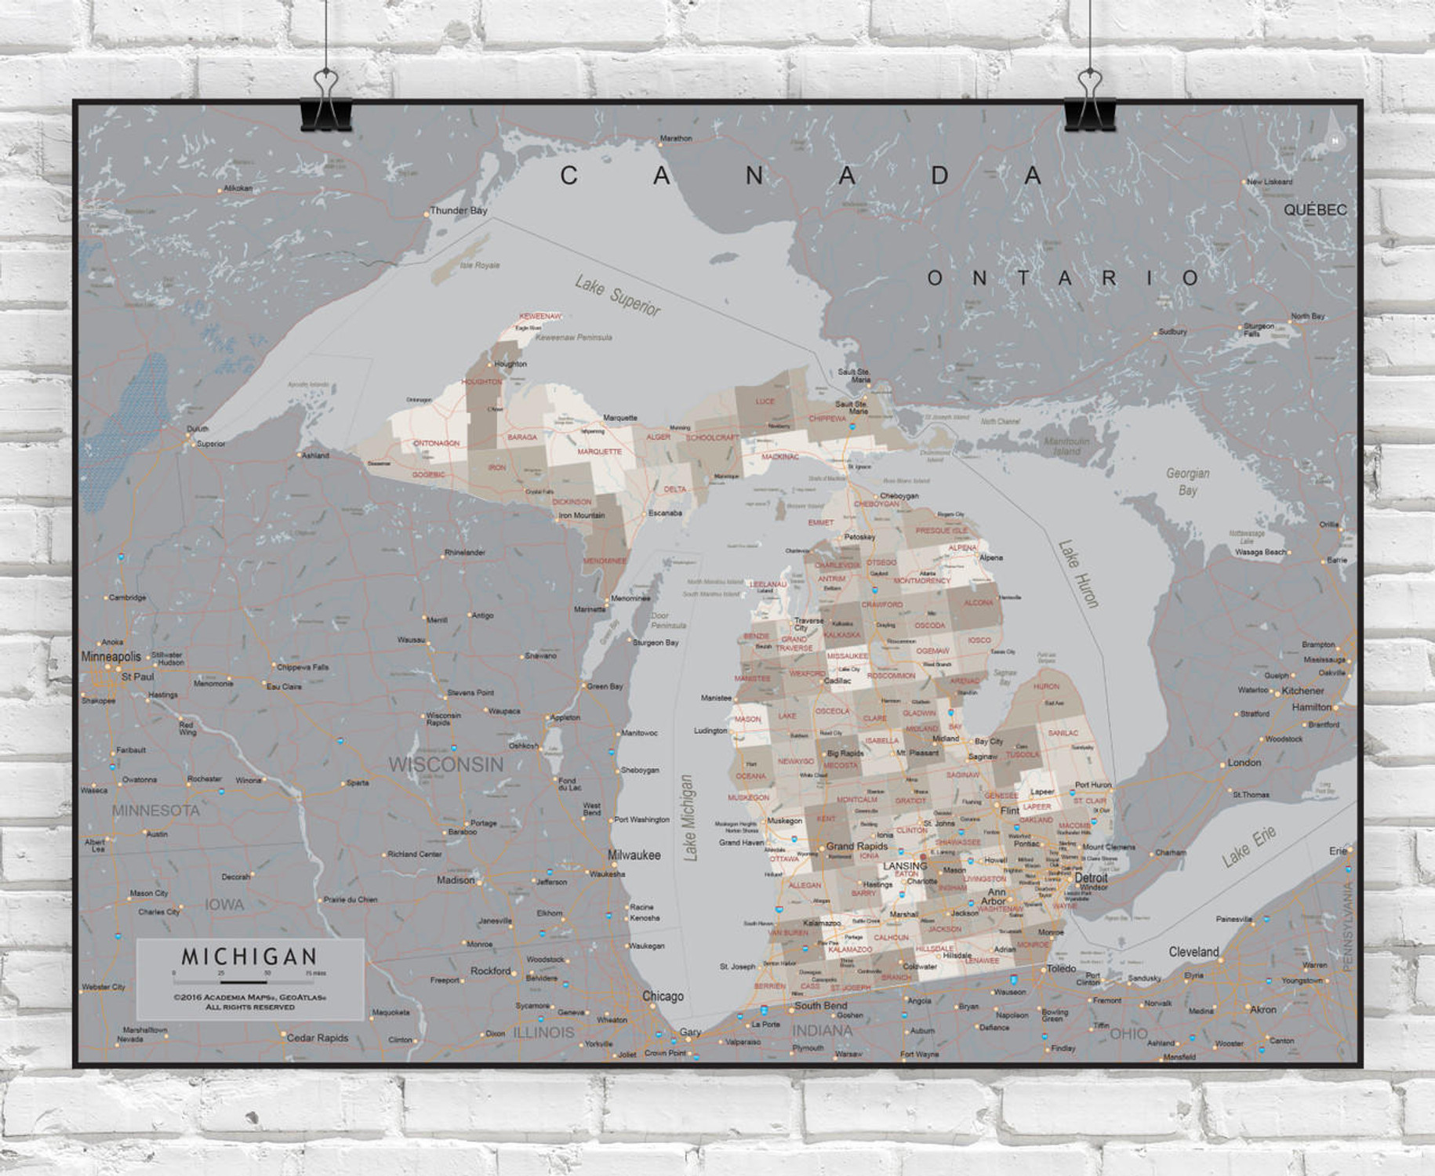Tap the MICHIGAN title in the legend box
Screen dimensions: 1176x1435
pyautogui.click(x=249, y=956)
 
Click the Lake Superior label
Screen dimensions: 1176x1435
pyautogui.click(x=617, y=296)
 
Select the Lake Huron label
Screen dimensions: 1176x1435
pyautogui.click(x=1078, y=574)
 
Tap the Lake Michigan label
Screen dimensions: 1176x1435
pyautogui.click(x=688, y=818)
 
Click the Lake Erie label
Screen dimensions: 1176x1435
pyautogui.click(x=1248, y=847)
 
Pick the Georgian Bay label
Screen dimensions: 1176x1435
pyautogui.click(x=1187, y=481)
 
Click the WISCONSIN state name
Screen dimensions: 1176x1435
pyautogui.click(x=446, y=764)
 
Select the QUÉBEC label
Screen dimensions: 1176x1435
pyautogui.click(x=1315, y=210)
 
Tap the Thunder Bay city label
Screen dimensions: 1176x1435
pyautogui.click(x=459, y=210)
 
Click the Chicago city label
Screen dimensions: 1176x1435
pyautogui.click(x=663, y=996)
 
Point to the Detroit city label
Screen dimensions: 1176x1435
pyautogui.click(x=1091, y=878)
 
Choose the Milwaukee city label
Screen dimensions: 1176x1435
pyautogui.click(x=634, y=855)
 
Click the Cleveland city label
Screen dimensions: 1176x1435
pyautogui.click(x=1193, y=952)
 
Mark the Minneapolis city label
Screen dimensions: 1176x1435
pyautogui.click(x=111, y=656)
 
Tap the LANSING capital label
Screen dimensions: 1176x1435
pyautogui.click(x=904, y=866)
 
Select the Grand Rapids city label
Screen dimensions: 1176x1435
pyautogui.click(x=856, y=846)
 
